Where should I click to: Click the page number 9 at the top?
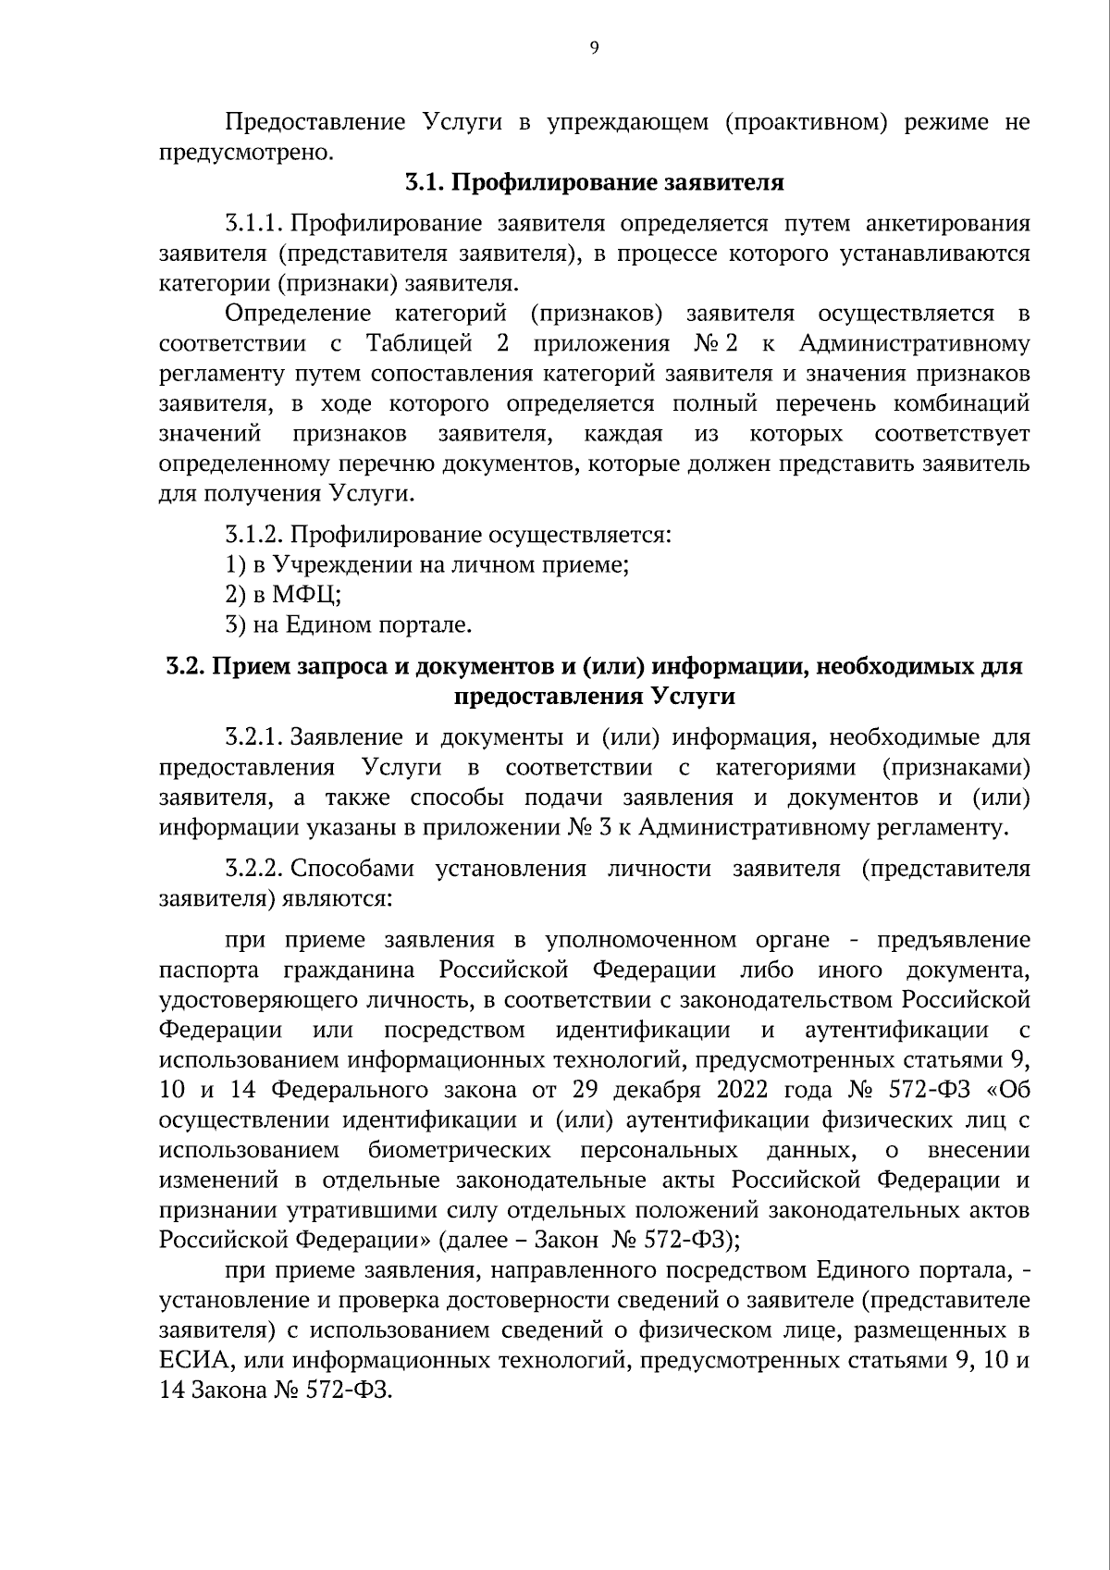coord(594,49)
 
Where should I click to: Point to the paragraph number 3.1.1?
coord(253,224)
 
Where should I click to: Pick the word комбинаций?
coord(968,404)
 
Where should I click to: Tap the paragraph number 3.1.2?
coord(254,535)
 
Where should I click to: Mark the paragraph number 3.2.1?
coord(253,737)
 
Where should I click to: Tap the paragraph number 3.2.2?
coord(253,869)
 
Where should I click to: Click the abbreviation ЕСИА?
coord(190,1361)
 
